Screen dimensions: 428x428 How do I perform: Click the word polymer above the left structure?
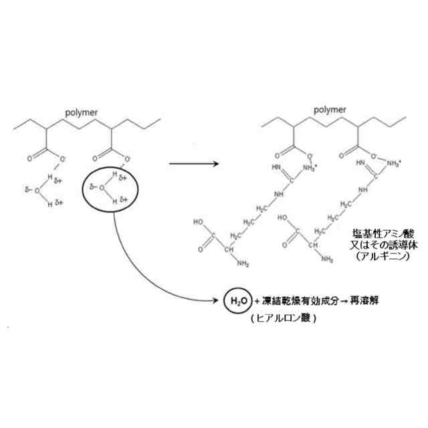point(82,112)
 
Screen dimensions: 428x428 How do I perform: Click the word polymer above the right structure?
point(330,109)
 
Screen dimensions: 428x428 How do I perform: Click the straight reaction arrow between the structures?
point(194,163)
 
